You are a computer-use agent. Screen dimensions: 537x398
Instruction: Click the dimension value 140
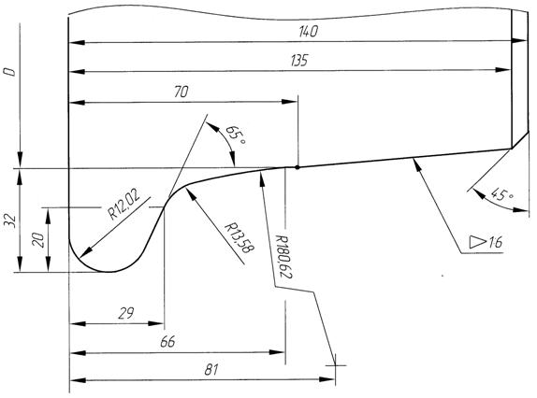tap(308, 32)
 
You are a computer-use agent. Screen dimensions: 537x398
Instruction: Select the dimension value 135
tap(299, 61)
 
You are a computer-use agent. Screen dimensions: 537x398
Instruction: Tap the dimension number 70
tap(181, 92)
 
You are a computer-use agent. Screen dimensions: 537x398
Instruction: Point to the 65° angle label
tap(236, 135)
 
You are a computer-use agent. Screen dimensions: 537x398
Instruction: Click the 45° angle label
tap(502, 195)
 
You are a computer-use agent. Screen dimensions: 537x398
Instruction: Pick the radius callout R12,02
tap(124, 205)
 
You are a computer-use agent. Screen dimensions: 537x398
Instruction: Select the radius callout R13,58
tap(239, 238)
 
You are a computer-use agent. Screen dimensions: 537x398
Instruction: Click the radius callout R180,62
tap(283, 256)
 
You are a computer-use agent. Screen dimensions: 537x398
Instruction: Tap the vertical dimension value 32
tap(10, 221)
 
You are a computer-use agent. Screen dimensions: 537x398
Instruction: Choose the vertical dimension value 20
tap(38, 240)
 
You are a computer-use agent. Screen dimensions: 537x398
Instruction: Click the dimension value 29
tap(126, 313)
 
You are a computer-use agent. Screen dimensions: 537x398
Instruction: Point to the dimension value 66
tap(167, 342)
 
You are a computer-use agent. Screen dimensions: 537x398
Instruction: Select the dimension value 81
tap(211, 370)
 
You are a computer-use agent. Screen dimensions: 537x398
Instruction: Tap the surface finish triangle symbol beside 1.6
tap(477, 242)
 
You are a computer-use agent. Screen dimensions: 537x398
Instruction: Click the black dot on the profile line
tap(298, 167)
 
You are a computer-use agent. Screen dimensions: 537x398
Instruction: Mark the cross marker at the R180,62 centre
tap(335, 365)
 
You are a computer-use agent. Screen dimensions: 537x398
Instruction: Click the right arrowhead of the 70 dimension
tap(290, 102)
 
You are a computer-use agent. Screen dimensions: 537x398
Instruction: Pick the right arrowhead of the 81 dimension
tap(327, 379)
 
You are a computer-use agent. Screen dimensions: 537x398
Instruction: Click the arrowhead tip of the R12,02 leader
tap(80, 257)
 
